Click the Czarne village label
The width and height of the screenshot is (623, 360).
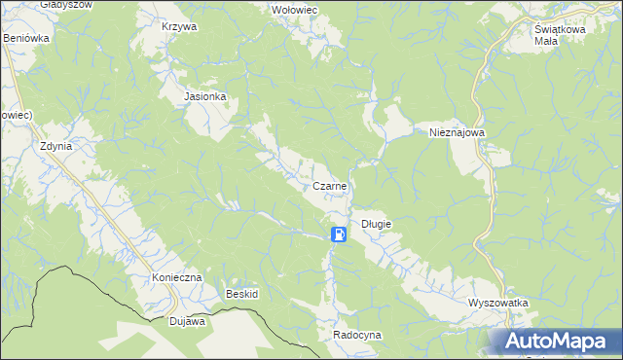[330, 185]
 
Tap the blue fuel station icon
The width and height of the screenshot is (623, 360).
[337, 234]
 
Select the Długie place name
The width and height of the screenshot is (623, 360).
[376, 224]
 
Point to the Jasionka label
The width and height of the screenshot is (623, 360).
[205, 97]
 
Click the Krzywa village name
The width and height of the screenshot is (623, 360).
[180, 26]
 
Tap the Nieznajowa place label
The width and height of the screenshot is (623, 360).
[457, 131]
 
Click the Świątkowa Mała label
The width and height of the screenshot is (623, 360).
[559, 35]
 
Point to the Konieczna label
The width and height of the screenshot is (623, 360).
[176, 277]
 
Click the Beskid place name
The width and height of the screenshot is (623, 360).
[241, 293]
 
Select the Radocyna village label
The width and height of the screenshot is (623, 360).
[357, 334]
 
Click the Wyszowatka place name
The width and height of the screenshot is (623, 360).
[497, 303]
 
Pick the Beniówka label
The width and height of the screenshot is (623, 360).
[26, 38]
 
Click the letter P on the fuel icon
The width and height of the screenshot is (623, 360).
[336, 234]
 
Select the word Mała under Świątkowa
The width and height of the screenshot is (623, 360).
[545, 42]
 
